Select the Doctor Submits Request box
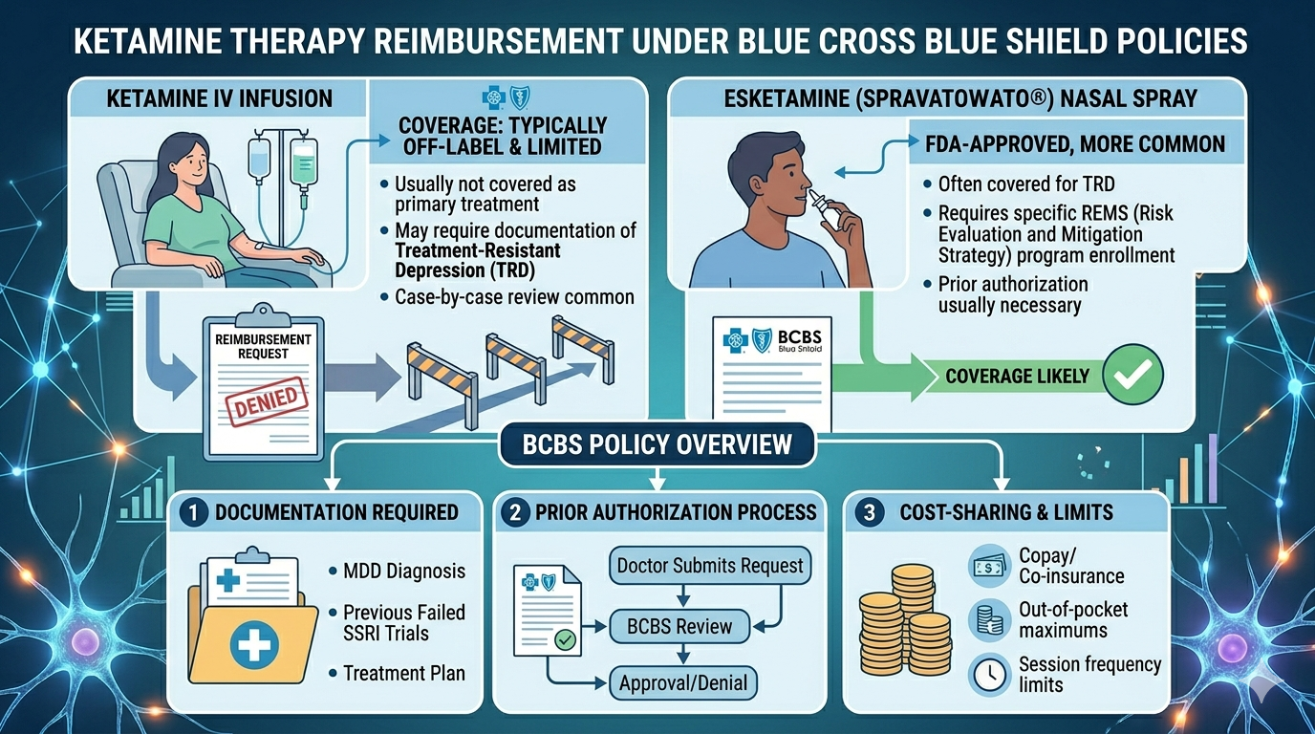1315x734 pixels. (x=710, y=565)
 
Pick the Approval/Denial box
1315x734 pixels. (x=683, y=683)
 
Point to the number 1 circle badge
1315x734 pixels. (x=193, y=512)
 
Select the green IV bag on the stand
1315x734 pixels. (x=303, y=161)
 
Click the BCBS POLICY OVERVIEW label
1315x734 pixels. (x=657, y=444)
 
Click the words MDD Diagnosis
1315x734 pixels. (x=404, y=572)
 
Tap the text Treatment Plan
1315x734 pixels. (x=404, y=673)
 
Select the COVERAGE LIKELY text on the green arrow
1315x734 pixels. (x=1017, y=376)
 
